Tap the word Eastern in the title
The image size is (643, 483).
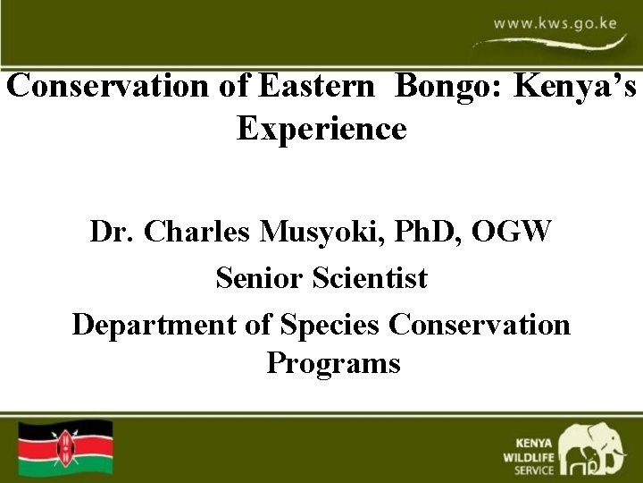pos(316,89)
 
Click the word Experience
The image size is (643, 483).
pos(321,130)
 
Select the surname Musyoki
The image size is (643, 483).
pos(305,234)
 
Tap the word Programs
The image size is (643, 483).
pos(333,365)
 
